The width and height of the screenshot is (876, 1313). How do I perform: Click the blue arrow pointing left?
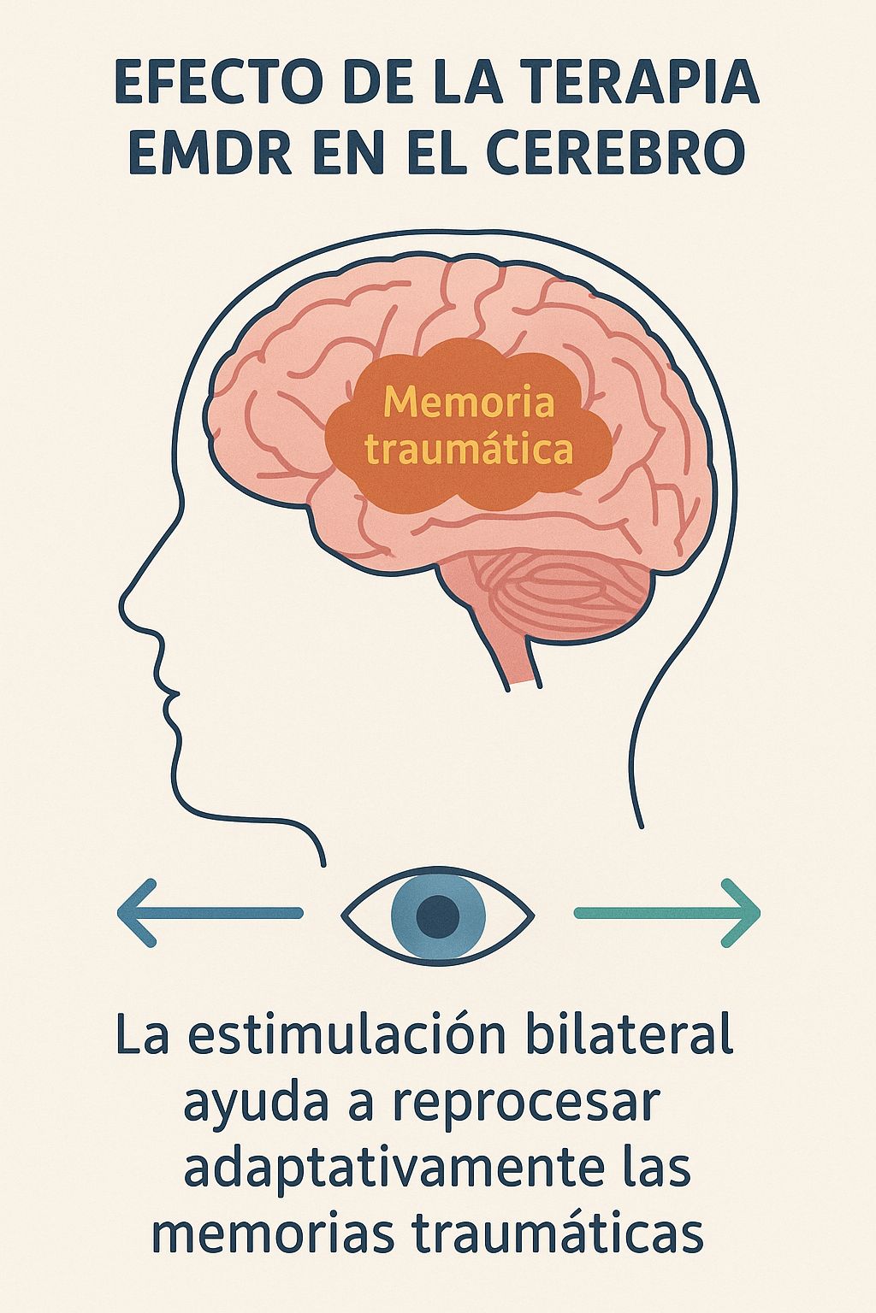tap(210, 913)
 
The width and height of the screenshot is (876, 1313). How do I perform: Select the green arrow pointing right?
tap(667, 913)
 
